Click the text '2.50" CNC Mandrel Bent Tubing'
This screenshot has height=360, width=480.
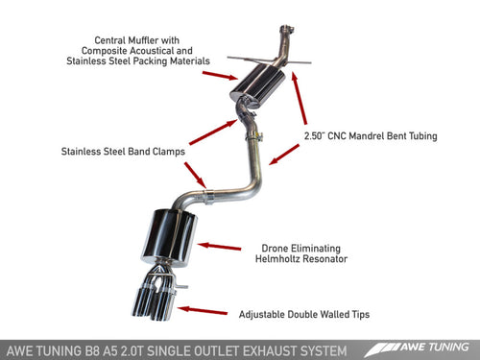click(371, 136)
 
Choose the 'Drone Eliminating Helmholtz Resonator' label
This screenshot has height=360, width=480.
click(308, 252)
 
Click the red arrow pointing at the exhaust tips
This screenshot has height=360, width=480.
click(205, 310)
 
